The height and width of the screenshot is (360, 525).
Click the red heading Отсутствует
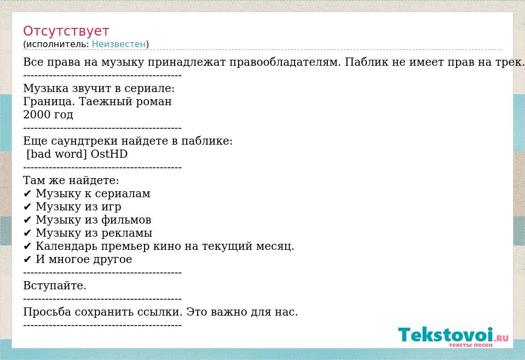coord(66,31)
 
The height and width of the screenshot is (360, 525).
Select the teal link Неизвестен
coord(119,44)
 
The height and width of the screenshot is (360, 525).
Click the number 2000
coord(36,115)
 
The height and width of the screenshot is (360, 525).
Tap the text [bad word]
coord(56,154)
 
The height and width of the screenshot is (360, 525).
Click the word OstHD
coord(109,154)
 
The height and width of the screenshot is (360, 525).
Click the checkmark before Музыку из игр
coord(27,207)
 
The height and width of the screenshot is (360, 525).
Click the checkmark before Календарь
coord(27,247)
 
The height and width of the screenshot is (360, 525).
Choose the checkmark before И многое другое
coord(27,259)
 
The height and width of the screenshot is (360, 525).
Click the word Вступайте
coord(55,286)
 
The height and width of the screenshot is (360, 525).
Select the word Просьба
coord(47,312)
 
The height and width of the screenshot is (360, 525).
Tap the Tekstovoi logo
coord(453,336)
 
